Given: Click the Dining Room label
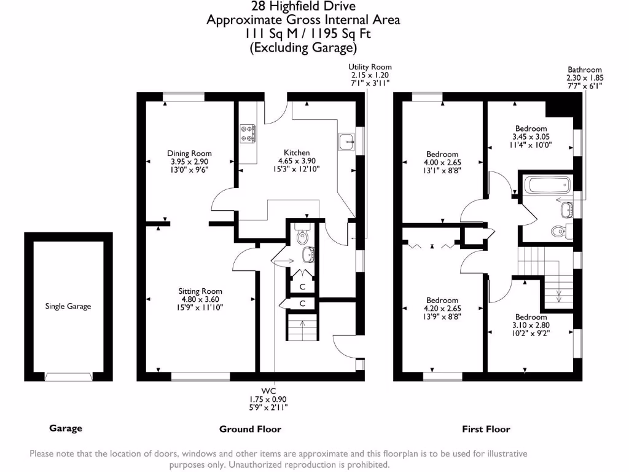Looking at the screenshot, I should (189, 154).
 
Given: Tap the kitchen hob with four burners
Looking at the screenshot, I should (248, 134).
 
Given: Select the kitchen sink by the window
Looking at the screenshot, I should (346, 141).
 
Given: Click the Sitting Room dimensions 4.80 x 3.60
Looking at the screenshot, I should (200, 300).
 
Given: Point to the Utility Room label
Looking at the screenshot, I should (370, 67).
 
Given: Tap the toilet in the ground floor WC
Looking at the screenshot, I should (302, 235).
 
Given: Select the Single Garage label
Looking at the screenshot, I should (68, 306).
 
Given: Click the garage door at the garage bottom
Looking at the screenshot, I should (68, 376).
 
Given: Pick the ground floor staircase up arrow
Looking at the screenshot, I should (302, 326).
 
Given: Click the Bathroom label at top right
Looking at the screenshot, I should (584, 70).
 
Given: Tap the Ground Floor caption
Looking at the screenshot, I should (250, 429).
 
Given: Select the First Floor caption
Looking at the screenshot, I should (486, 429).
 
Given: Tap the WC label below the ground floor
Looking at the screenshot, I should (268, 391).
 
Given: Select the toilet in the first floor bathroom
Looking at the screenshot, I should (558, 232).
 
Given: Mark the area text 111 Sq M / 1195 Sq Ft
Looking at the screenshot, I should (303, 34).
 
